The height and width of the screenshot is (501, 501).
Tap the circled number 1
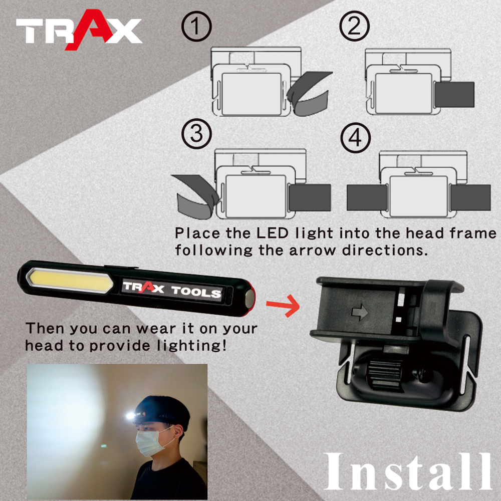196,26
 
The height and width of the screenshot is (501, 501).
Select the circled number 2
354,26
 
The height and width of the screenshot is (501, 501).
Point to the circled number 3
196,134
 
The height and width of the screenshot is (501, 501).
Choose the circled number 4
355,138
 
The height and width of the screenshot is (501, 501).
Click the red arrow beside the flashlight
283,306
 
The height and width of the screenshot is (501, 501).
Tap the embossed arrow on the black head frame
359,312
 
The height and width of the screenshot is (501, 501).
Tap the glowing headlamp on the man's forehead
130,415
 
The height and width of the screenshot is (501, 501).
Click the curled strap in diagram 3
196,196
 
